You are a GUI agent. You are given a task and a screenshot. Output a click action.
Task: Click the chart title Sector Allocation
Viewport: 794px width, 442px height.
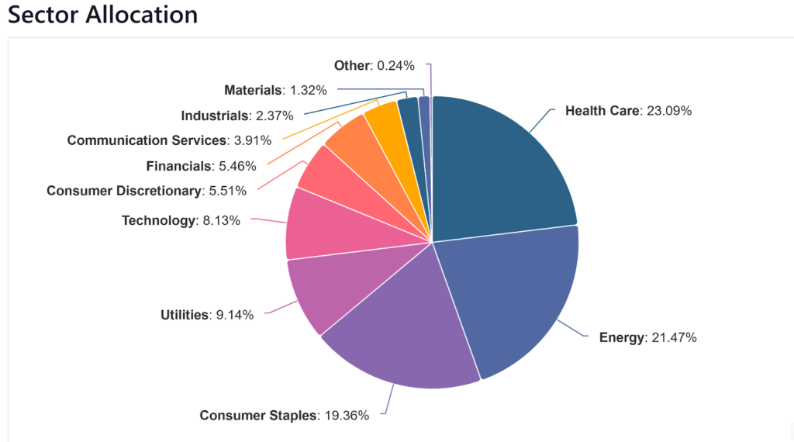tap(102, 14)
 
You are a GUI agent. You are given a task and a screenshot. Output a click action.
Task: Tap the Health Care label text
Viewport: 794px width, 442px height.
tap(602, 110)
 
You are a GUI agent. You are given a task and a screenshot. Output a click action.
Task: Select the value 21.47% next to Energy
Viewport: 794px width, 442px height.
tap(673, 338)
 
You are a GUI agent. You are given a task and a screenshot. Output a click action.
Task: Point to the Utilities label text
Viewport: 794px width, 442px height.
tap(185, 315)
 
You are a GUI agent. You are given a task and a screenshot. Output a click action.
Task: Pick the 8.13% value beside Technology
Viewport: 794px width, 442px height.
tap(220, 220)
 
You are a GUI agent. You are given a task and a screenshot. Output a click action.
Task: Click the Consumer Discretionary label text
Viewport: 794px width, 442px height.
tap(124, 191)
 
